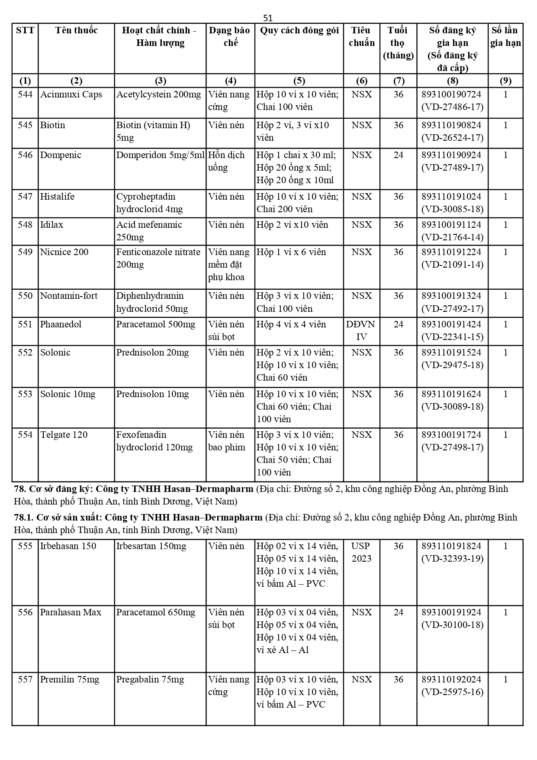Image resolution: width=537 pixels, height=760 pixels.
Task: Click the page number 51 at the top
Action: click(x=268, y=18)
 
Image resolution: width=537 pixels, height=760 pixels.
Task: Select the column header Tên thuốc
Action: click(x=76, y=30)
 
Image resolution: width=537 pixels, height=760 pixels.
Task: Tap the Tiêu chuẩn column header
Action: click(x=361, y=36)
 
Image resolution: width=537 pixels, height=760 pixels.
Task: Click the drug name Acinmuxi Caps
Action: click(x=71, y=94)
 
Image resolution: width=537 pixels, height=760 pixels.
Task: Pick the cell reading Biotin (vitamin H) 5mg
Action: click(x=153, y=131)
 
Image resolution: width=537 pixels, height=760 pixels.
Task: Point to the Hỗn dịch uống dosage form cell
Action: click(x=226, y=161)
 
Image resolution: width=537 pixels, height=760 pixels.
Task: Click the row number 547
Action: click(x=25, y=197)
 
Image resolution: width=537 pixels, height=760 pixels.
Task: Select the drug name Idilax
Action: click(x=51, y=225)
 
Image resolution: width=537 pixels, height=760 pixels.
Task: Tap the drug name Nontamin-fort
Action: click(x=69, y=296)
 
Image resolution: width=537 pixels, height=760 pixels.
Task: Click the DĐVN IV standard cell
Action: click(x=361, y=330)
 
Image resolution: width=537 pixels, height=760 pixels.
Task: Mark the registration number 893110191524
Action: click(x=451, y=353)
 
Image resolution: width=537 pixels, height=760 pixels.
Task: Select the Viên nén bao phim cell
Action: click(x=227, y=441)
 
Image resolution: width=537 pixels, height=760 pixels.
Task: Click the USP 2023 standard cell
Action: click(x=361, y=552)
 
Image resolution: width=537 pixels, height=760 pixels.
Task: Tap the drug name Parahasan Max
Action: click(x=71, y=612)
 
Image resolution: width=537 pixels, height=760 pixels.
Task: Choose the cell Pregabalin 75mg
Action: click(x=150, y=679)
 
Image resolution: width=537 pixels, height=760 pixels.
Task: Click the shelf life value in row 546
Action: click(x=398, y=155)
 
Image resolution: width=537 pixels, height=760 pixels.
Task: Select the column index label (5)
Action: click(x=299, y=81)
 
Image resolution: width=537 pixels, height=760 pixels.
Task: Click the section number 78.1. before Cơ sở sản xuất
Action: click(x=23, y=517)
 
